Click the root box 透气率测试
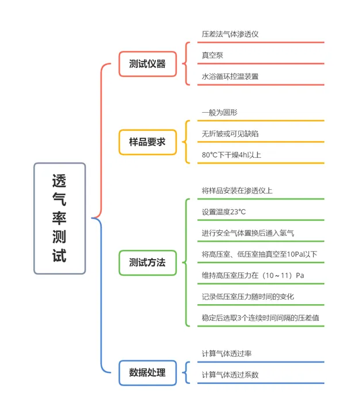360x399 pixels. pyautogui.click(x=60, y=219)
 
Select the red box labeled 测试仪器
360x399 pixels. pyautogui.click(x=147, y=64)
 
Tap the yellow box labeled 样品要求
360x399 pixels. pyautogui.click(x=147, y=142)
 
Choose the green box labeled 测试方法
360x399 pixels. pyautogui.click(x=147, y=263)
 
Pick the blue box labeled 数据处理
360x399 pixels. pyautogui.click(x=147, y=372)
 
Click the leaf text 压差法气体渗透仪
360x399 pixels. pyautogui.click(x=230, y=34)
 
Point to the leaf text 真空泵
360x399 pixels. pyautogui.click(x=212, y=55)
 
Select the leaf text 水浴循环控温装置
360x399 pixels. pyautogui.click(x=230, y=76)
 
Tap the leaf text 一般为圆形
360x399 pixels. pyautogui.click(x=220, y=113)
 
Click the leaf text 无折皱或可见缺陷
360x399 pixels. pyautogui.click(x=230, y=134)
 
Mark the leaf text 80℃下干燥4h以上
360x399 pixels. pyautogui.click(x=231, y=155)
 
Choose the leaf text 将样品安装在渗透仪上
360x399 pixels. pyautogui.click(x=237, y=191)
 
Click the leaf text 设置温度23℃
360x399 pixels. pyautogui.click(x=224, y=212)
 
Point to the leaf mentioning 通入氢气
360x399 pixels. pyautogui.click(x=248, y=233)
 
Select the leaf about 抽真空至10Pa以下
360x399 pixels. pyautogui.click(x=259, y=254)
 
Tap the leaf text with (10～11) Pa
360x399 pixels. pyautogui.click(x=253, y=275)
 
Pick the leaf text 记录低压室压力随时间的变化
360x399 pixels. pyautogui.click(x=248, y=297)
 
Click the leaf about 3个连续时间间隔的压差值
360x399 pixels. pyautogui.click(x=261, y=317)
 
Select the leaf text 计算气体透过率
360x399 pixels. pyautogui.click(x=227, y=353)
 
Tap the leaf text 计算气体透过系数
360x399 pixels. pyautogui.click(x=230, y=375)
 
